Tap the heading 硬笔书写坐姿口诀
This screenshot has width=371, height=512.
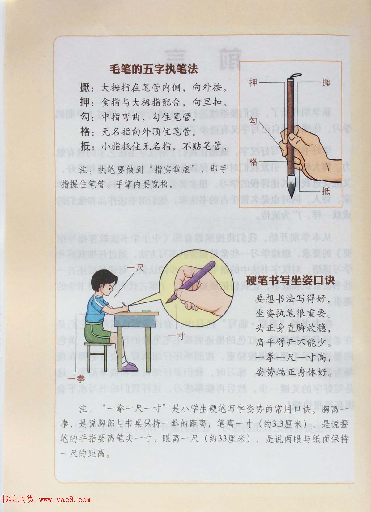tap(290, 280)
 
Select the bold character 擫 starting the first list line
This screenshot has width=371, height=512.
tap(84, 88)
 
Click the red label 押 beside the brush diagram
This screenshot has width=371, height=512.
tap(253, 83)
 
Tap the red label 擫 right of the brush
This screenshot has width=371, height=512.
tap(326, 83)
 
